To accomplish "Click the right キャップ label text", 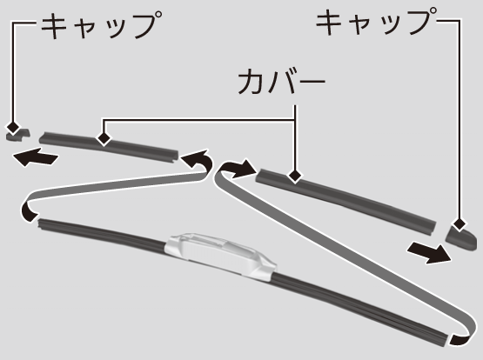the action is coord(377,21).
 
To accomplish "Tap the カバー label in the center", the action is coord(282,81).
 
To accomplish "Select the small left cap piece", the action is coord(18,136).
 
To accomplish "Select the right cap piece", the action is coord(462,237).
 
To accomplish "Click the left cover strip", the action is coord(109,146).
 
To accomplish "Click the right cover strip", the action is coord(345,200).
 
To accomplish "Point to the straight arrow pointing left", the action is coord(36,157).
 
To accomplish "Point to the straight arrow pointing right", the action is coord(429,252).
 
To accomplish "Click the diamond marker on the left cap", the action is coord(13,127).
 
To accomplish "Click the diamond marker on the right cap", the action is coord(460,224).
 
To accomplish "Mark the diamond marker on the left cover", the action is coord(104,138).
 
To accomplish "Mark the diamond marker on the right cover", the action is coord(295,177).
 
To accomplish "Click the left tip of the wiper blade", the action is coord(39,223).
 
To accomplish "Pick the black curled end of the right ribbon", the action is coord(459,339).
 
